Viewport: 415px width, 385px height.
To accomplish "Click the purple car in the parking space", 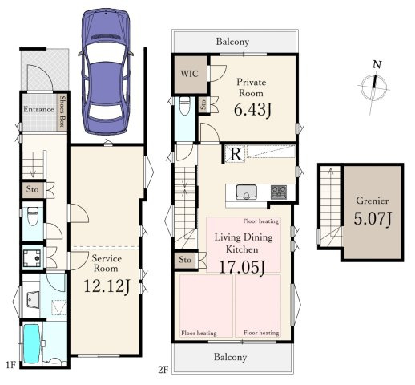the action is tap(106, 71).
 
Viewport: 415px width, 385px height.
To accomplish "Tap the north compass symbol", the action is tap(374, 86).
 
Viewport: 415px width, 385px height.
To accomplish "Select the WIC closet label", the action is tap(189, 74).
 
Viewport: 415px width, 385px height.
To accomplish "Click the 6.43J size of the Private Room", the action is tap(252, 110).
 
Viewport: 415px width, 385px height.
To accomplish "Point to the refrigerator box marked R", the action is tap(235, 154).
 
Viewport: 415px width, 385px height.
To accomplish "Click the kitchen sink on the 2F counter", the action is tap(246, 192).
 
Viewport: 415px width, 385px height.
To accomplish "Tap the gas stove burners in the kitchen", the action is tap(279, 192).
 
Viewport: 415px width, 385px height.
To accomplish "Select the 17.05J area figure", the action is tap(242, 267).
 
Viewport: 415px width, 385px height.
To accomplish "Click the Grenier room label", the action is tap(373, 201).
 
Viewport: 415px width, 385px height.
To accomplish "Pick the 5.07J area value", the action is tap(373, 218).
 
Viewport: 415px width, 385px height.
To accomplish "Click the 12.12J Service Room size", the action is tap(107, 286).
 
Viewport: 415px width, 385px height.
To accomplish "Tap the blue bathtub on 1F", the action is tap(32, 343).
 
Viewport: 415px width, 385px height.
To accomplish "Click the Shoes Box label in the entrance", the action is tap(62, 111).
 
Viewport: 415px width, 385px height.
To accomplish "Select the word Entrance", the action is tap(38, 109).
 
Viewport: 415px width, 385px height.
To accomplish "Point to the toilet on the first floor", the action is tap(33, 217).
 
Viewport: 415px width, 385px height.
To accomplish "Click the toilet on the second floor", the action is tap(184, 105).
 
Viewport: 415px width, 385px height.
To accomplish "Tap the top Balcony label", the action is tap(232, 42).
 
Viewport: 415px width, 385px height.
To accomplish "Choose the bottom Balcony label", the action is tap(230, 357).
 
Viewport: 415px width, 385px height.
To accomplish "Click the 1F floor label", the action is tap(11, 365).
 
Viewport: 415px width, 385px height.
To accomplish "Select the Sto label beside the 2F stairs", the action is tap(185, 260).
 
